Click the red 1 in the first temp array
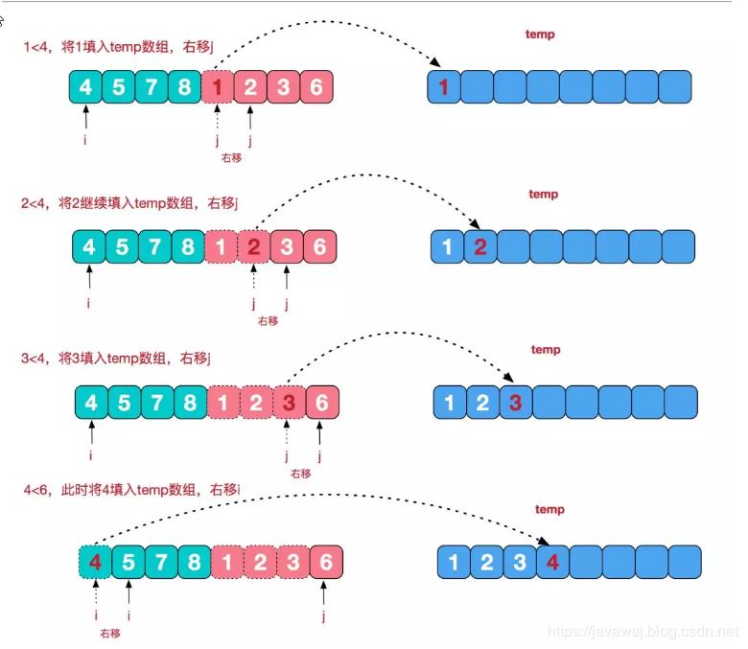coord(443,87)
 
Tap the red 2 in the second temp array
coord(480,247)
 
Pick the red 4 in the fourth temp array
coord(551,562)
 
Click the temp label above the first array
coord(540,35)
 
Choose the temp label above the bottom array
coord(549,509)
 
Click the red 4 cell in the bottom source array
coord(94,561)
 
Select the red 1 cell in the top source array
coord(218,87)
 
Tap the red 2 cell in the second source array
coord(253,247)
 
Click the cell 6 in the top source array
coord(316,87)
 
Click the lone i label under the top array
coord(86,140)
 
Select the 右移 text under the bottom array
coord(109,634)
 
